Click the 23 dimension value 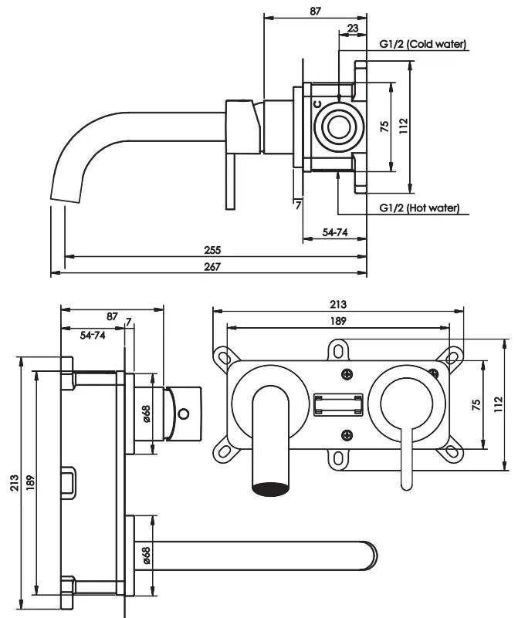coord(353,29)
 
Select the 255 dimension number coord(212,250)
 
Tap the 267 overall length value coord(212,267)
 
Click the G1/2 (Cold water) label coord(422,44)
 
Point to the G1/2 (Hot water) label coord(419,208)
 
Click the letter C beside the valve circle coord(317,104)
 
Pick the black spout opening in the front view coord(271,489)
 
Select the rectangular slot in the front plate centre coord(338,404)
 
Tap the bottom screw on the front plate coord(347,435)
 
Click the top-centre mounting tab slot coord(338,351)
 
